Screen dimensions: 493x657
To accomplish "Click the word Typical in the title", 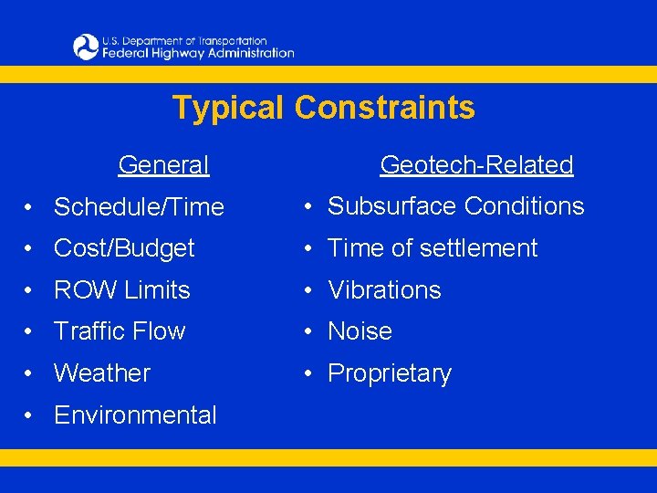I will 229,108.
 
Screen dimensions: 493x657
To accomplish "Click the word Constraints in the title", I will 384,108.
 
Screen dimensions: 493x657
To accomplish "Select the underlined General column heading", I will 163,165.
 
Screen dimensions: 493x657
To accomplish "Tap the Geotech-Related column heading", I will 476,165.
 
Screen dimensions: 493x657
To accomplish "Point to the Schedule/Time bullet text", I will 139,207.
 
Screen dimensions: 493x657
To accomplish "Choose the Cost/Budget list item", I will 124,248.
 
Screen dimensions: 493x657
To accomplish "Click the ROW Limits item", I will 121,290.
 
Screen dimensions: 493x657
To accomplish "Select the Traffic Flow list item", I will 120,331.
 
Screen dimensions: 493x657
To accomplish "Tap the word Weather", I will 102,373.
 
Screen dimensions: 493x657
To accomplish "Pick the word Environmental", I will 135,415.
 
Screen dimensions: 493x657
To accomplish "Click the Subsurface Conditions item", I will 455,206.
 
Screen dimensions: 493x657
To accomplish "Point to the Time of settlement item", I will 433,248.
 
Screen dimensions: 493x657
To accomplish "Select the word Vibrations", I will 384,290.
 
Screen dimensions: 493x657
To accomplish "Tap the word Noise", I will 360,331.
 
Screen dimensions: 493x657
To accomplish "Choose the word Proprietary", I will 390,374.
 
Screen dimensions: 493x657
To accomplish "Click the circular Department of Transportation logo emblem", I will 86,47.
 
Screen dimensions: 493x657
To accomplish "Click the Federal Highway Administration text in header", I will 198,53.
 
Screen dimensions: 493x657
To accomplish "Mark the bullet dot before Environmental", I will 31,416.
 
